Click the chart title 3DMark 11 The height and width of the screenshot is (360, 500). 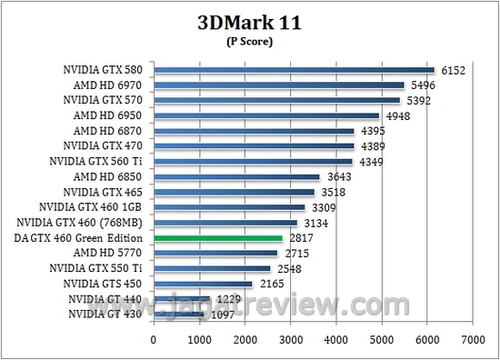click(x=249, y=23)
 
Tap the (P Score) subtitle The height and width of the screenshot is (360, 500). click(x=249, y=42)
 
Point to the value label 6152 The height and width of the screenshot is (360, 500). click(x=452, y=69)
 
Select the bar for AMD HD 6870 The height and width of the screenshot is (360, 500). click(x=254, y=131)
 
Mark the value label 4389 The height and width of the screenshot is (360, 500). click(x=372, y=146)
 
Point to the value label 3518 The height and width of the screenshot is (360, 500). click(x=332, y=193)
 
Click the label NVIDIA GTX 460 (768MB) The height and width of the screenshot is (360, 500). click(x=82, y=223)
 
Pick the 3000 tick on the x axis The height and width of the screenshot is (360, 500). click(x=290, y=339)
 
